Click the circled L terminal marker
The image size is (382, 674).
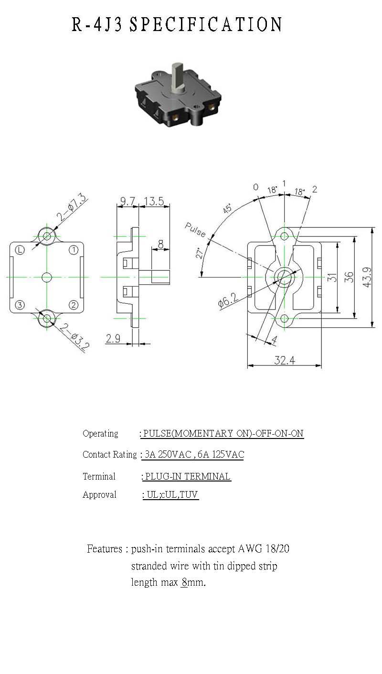(20, 250)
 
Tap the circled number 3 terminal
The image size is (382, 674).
(20, 305)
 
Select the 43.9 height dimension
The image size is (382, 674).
(367, 277)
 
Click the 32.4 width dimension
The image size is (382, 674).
(285, 360)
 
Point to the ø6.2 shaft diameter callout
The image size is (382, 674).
(228, 300)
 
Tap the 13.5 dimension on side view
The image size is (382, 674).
(154, 201)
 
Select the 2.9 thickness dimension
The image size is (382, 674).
(113, 339)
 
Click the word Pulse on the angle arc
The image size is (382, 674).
(195, 230)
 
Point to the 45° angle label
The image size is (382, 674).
(227, 209)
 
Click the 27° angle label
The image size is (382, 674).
(200, 253)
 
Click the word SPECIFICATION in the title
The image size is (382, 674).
(206, 24)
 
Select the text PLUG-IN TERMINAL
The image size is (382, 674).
(188, 476)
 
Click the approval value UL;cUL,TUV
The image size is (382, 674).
(172, 495)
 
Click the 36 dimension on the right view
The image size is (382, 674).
(349, 277)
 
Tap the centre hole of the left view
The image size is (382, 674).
(47, 277)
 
